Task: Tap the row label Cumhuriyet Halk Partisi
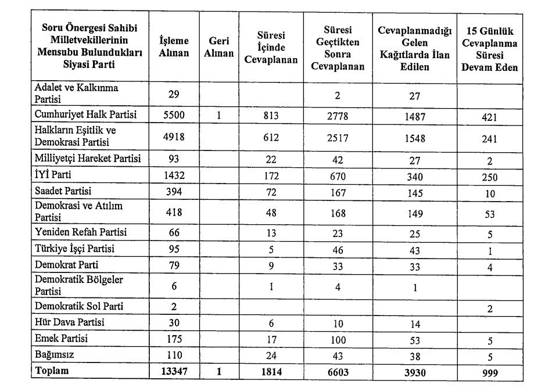[85, 115]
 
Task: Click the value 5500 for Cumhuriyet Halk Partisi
[173, 115]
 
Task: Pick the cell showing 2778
[345, 116]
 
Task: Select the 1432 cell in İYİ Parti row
[173, 174]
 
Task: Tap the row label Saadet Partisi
[63, 191]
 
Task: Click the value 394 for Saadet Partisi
[173, 191]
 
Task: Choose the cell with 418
[173, 212]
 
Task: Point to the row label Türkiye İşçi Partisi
[74, 249]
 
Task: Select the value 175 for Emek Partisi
[173, 339]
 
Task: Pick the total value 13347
[173, 372]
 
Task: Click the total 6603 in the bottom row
[345, 372]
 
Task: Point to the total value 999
[489, 372]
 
